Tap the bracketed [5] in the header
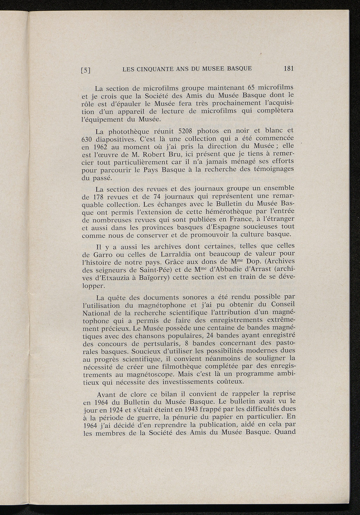tap(86, 70)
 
